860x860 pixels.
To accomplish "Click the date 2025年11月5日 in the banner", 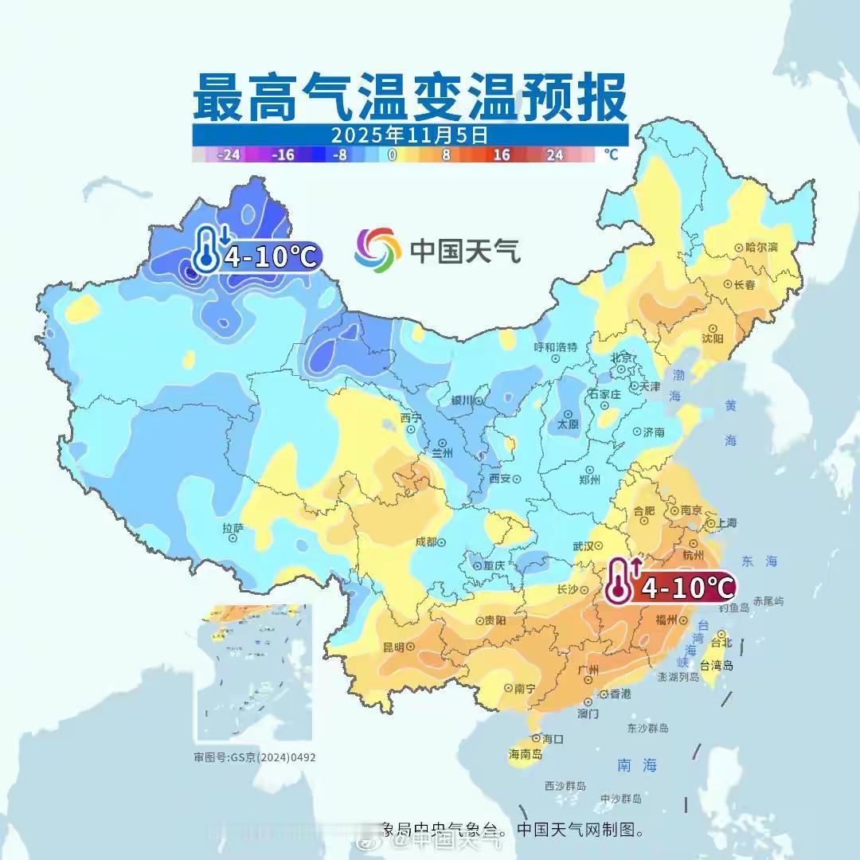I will point(409,135).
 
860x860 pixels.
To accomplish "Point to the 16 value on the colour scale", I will point(501,155).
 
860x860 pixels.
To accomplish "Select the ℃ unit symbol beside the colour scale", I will point(610,154).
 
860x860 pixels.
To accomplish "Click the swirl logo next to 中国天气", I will point(377,249).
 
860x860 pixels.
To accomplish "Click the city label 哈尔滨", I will point(761,248).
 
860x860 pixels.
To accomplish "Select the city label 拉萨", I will point(233,527).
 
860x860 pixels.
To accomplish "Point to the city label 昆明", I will point(393,646).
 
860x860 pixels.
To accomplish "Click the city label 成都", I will point(426,541).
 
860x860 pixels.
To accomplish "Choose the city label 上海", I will point(726,523).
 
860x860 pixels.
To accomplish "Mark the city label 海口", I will point(553,738).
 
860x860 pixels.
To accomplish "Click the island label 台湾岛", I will point(716,665).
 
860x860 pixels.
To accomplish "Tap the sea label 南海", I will point(637,765).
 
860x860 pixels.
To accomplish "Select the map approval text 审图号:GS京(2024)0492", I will point(255,756).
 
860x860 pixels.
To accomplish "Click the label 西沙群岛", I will point(565,786).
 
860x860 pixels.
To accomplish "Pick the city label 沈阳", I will point(713,338).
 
